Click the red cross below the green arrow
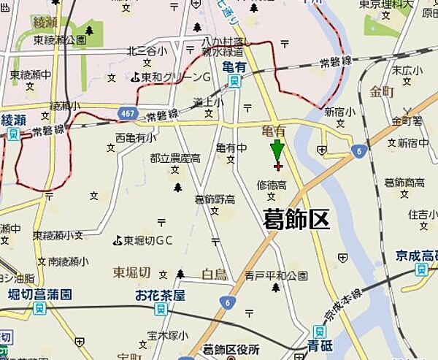pyautogui.click(x=277, y=166)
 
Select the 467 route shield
pyautogui.click(x=128, y=112)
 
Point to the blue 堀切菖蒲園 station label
pyautogui.click(x=40, y=294)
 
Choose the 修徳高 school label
pyautogui.click(x=271, y=185)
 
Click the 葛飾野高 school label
pyautogui.click(x=215, y=199)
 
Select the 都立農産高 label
pyautogui.click(x=175, y=158)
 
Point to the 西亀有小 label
pyautogui.click(x=135, y=137)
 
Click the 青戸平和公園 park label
pyautogui.click(x=277, y=276)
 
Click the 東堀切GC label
pyautogui.click(x=142, y=240)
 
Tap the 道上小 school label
pyautogui.click(x=208, y=103)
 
